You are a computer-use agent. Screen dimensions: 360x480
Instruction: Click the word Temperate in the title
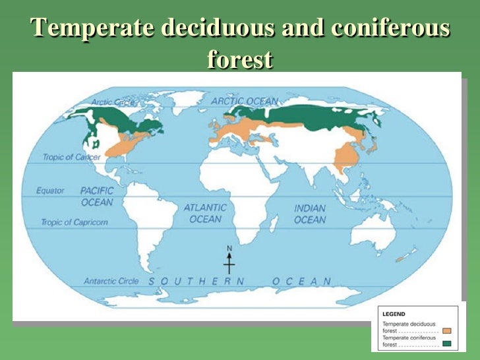coord(88,29)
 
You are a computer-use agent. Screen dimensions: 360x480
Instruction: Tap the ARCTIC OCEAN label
coord(245,101)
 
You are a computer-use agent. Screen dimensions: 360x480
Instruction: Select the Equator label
coord(51,191)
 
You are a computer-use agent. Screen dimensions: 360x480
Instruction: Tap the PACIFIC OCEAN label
coord(97,196)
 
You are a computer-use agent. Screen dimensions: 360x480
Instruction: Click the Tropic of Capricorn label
coord(75,222)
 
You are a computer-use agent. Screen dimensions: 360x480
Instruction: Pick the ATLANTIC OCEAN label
coord(205,213)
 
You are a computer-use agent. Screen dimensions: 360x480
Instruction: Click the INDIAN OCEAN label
coord(310,214)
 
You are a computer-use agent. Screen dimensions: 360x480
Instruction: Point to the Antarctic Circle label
coord(111,281)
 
